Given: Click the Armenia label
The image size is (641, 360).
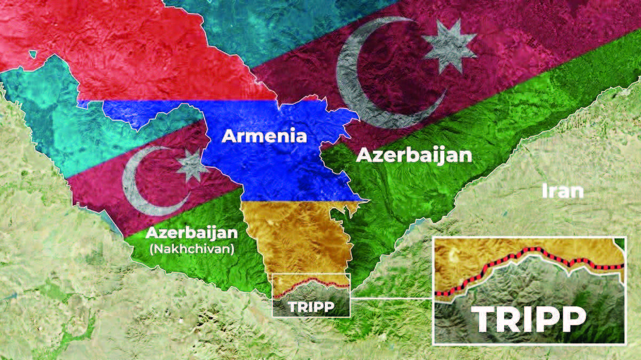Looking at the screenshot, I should [264, 136].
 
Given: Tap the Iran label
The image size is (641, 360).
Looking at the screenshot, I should [562, 191].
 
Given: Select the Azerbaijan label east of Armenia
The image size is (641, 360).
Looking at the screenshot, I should [414, 155].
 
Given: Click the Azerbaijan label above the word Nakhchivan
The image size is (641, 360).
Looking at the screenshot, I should [191, 233].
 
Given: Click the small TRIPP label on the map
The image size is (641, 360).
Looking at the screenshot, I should [311, 307].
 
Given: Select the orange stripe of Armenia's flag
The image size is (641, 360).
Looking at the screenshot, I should [288, 235].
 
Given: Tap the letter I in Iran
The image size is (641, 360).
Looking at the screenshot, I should [544, 191].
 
